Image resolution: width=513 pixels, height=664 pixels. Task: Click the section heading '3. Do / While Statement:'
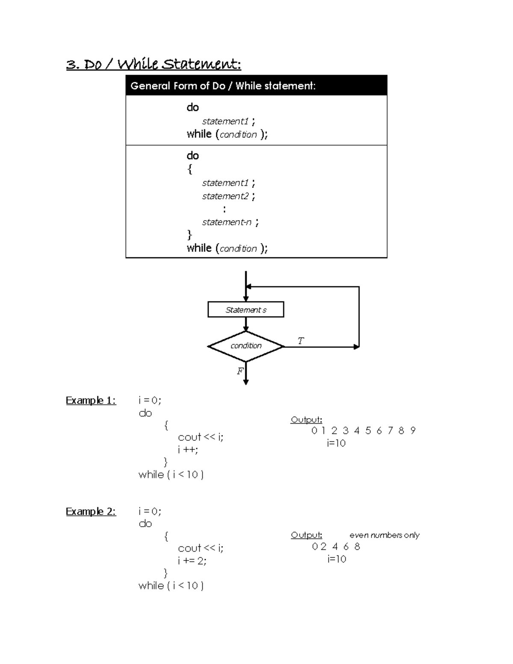tap(153, 65)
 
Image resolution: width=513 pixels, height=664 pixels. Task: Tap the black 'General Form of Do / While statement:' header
tap(223, 86)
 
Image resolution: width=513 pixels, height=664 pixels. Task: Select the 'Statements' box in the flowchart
tap(246, 310)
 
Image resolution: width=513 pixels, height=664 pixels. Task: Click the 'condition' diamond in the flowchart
tap(246, 346)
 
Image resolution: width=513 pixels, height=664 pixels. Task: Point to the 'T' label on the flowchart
tap(301, 341)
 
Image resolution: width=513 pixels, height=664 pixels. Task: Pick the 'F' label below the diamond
tap(240, 371)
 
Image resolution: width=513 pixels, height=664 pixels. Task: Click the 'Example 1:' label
tap(91, 401)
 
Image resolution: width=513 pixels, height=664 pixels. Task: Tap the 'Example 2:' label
tap(91, 512)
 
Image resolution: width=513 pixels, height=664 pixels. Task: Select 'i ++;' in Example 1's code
tap(188, 450)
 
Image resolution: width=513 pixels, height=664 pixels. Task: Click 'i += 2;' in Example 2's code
tap(192, 561)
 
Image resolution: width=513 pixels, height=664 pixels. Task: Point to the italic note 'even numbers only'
tap(384, 535)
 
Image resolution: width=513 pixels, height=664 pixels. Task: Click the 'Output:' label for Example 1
tap(306, 420)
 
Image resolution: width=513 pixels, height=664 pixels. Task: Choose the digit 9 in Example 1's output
tap(413, 431)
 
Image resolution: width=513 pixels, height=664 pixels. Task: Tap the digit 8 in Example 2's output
tap(357, 546)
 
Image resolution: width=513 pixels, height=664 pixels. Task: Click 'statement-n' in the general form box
tap(227, 222)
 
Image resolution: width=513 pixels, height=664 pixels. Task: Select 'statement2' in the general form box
tap(225, 196)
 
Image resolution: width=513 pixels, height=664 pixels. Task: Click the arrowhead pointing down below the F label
tap(246, 382)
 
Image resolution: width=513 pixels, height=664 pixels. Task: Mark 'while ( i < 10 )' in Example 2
tap(171, 586)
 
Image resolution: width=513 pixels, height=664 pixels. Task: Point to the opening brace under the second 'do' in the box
tap(190, 169)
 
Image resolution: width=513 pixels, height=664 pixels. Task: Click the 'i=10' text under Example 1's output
tap(336, 443)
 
